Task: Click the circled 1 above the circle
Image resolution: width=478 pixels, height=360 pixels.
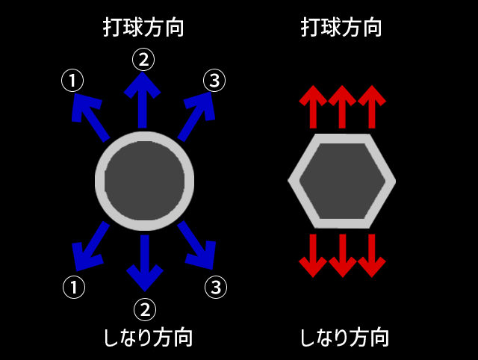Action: (x=72, y=81)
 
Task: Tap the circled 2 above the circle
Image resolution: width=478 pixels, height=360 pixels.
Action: (x=143, y=58)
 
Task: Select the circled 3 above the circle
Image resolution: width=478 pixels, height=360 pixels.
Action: (x=214, y=81)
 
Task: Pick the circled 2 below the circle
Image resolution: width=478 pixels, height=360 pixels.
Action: (x=144, y=308)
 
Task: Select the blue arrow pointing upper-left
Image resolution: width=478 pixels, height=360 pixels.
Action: (x=90, y=116)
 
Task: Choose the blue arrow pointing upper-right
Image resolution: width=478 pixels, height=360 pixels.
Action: (x=196, y=115)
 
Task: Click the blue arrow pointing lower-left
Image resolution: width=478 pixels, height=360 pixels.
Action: (x=90, y=247)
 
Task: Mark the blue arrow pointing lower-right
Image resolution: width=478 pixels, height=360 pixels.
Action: (x=197, y=246)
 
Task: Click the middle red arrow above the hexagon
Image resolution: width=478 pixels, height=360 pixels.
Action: (x=341, y=106)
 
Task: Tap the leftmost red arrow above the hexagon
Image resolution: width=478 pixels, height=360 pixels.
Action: (x=312, y=106)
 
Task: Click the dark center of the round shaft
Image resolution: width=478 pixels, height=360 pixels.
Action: (x=144, y=181)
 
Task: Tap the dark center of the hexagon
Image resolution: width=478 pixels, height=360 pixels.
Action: (x=341, y=181)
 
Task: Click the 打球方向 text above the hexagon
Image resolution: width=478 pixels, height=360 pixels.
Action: (x=341, y=28)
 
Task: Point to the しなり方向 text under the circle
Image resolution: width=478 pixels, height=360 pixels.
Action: (x=147, y=338)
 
